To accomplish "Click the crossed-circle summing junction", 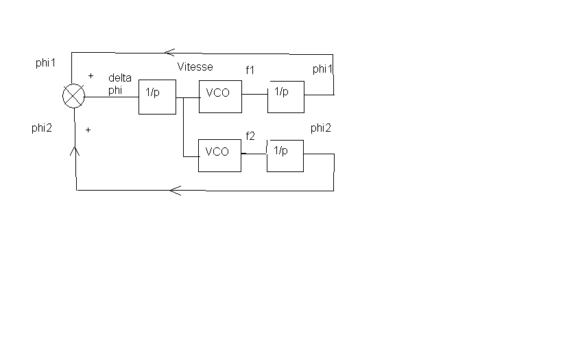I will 73,97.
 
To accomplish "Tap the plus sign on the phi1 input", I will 91,75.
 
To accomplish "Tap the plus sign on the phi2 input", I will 88,129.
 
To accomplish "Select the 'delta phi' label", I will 120,84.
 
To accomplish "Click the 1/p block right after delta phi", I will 157,97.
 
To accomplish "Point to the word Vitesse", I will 195,67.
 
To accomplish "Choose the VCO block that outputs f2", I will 219,155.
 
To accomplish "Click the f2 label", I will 250,136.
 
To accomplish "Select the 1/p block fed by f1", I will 285,97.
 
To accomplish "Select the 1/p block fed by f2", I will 285,155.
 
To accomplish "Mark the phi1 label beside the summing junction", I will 45,63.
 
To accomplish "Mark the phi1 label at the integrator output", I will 322,69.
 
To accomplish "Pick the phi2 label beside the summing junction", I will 42,128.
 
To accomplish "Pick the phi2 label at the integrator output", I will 321,128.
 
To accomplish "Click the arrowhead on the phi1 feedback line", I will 169,52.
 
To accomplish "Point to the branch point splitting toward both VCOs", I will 184,97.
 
